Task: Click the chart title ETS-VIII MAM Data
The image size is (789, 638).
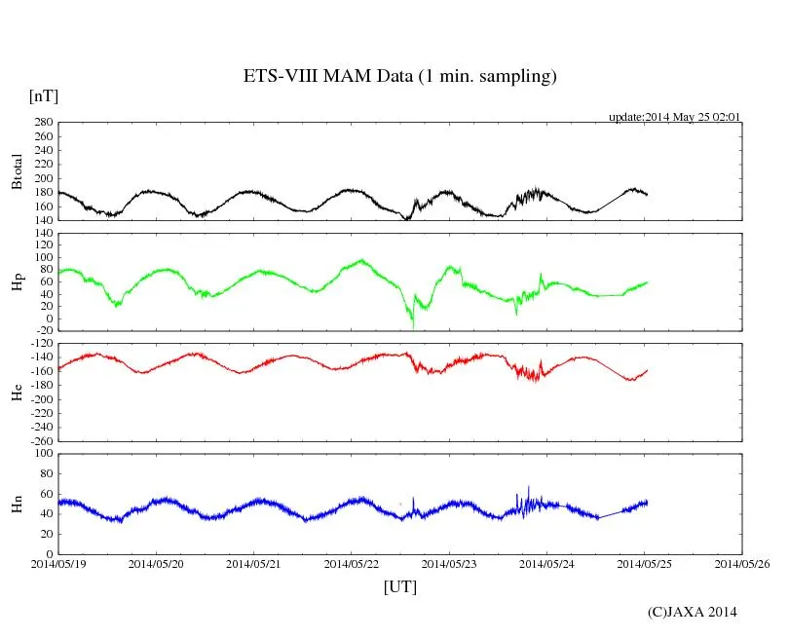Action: [399, 77]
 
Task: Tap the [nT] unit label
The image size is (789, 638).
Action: [43, 95]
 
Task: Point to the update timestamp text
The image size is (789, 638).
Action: [675, 117]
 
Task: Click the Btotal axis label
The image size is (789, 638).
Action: [17, 171]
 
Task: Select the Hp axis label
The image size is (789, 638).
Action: [17, 282]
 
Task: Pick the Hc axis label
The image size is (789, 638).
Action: [17, 392]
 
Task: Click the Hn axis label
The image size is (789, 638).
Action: [17, 504]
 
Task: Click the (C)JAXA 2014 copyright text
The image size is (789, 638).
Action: [693, 612]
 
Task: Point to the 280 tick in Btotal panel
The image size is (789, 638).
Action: [41, 123]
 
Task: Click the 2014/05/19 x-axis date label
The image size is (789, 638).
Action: [58, 564]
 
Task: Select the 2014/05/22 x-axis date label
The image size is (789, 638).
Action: [352, 564]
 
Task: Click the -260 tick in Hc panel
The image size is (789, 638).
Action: [38, 441]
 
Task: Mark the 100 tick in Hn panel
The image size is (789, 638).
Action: [41, 453]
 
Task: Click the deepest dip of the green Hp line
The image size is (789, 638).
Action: [412, 327]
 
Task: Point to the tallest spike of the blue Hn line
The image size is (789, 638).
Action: [529, 486]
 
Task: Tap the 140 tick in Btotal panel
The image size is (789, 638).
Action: [41, 220]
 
